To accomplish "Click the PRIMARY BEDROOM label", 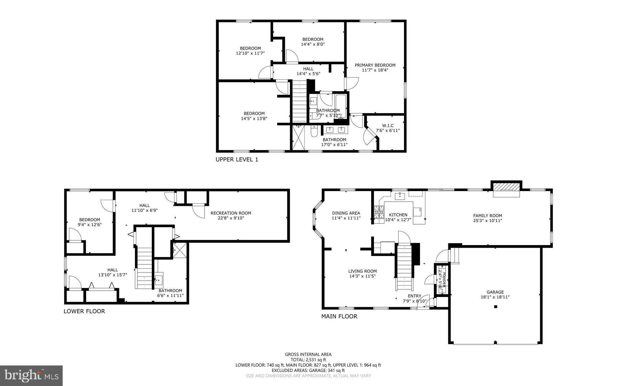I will click(x=375, y=65).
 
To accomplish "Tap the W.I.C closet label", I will click(x=387, y=126).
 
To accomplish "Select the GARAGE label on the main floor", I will click(x=495, y=292).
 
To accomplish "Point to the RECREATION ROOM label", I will click(x=230, y=213).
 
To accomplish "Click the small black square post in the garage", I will click(x=495, y=307).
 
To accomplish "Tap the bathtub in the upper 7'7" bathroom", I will click(x=341, y=106).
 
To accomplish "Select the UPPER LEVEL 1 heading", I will click(x=236, y=159).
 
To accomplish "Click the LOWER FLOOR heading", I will click(x=84, y=311).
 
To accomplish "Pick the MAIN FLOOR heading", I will click(x=339, y=316).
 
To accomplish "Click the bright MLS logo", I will click(x=31, y=375).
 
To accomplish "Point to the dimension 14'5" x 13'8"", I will click(x=254, y=119).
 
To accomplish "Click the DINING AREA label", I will click(x=346, y=213).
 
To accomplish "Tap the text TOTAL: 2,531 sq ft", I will click(x=308, y=360).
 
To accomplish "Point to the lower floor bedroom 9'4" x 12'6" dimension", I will click(x=89, y=225).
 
